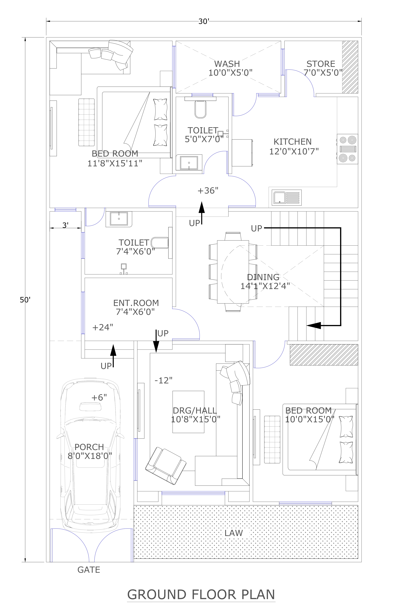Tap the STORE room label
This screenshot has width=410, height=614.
(x=321, y=64)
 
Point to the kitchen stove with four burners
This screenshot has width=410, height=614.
(x=347, y=149)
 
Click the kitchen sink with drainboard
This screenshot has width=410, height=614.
(x=287, y=198)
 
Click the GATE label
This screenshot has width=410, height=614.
(x=89, y=570)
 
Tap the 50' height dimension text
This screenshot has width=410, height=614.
(x=25, y=300)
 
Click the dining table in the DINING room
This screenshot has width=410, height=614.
(x=233, y=272)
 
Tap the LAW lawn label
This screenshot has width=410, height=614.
(x=233, y=533)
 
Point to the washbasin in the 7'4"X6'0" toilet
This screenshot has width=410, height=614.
(x=119, y=219)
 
